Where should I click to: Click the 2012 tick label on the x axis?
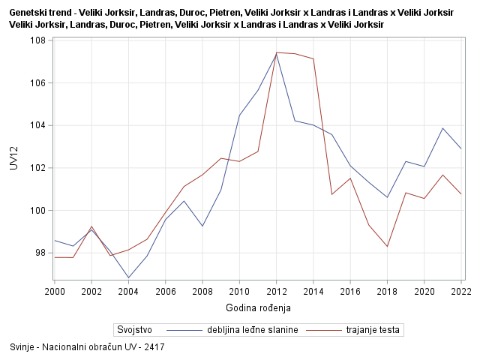(x=277, y=291)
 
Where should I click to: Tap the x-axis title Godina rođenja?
(x=258, y=307)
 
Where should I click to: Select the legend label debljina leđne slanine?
(x=253, y=329)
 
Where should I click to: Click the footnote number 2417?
(x=154, y=347)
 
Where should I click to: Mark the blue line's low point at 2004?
(x=129, y=277)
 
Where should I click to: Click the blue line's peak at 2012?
(x=277, y=53)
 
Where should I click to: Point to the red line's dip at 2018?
(x=388, y=246)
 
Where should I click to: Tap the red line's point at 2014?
(x=313, y=58)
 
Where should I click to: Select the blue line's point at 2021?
(x=443, y=128)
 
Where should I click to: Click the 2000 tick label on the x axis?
(x=55, y=291)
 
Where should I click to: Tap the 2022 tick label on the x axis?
(x=461, y=291)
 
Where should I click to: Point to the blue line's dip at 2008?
(x=202, y=226)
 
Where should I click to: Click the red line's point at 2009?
(x=221, y=158)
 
